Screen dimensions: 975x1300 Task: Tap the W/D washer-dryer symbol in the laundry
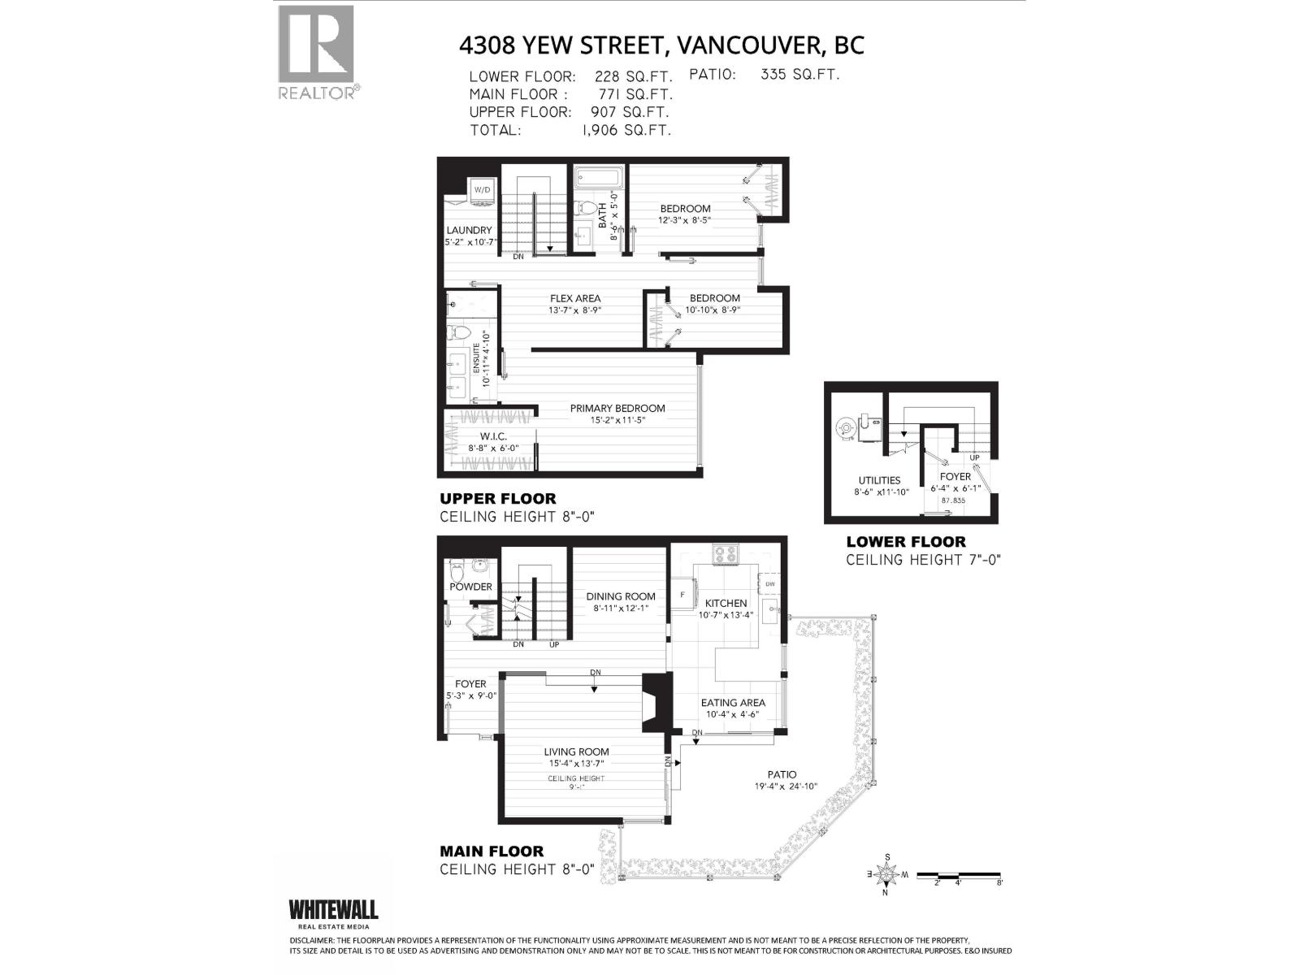(x=483, y=189)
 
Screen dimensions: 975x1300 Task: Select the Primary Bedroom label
(x=617, y=408)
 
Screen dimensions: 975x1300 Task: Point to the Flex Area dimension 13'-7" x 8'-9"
(x=574, y=310)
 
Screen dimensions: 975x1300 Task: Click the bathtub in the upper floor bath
(x=599, y=176)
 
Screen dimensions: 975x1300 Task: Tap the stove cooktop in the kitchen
(x=726, y=555)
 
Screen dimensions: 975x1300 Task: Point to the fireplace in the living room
(x=655, y=704)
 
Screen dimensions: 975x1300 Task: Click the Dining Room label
(x=621, y=596)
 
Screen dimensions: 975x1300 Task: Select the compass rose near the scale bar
(x=886, y=875)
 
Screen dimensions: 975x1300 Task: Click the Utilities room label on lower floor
(x=879, y=480)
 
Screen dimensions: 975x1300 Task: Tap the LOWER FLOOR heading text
(x=906, y=541)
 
